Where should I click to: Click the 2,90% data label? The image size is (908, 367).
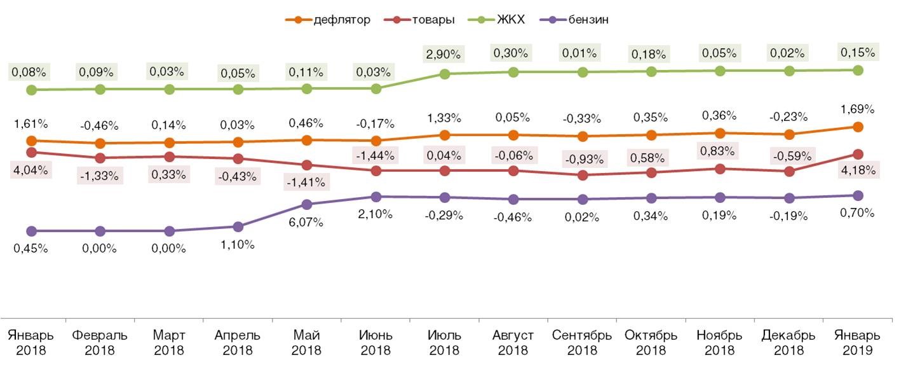445,53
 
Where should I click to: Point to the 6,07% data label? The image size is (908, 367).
307,223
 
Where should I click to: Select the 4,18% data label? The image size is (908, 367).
858,170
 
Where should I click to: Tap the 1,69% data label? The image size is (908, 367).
858,109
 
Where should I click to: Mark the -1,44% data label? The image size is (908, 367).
376,154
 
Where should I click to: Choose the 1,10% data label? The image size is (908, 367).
238,244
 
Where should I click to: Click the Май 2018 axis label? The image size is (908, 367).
307,342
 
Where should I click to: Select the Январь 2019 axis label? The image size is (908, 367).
858,342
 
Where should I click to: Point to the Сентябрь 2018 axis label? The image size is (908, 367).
582,342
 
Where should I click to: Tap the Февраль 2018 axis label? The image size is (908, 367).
100,342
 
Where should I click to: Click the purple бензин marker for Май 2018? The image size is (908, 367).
307,204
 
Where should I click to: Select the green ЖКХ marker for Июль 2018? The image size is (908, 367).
445,74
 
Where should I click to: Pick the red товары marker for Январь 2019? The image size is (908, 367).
858,154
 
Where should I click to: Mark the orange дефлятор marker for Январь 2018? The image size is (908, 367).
31,141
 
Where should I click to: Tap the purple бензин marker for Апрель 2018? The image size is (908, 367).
238,226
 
